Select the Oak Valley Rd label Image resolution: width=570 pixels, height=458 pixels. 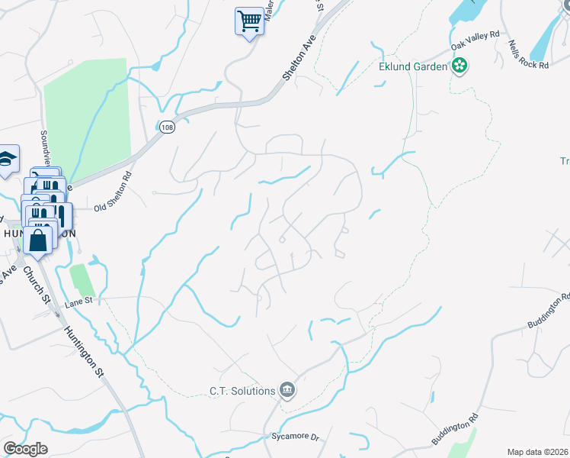(474, 46)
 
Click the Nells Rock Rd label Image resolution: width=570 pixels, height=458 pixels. (529, 54)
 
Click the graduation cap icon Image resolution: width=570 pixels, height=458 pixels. (7, 160)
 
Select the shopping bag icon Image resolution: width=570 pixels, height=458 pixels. (37, 240)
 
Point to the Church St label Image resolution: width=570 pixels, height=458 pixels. (35, 283)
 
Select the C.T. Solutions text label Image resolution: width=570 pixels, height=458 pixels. (242, 391)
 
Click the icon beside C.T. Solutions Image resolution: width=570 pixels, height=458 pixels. (287, 391)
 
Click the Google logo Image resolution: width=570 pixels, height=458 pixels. (25, 449)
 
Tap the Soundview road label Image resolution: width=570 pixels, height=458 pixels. (45, 149)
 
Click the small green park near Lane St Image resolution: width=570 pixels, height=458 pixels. (82, 279)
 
